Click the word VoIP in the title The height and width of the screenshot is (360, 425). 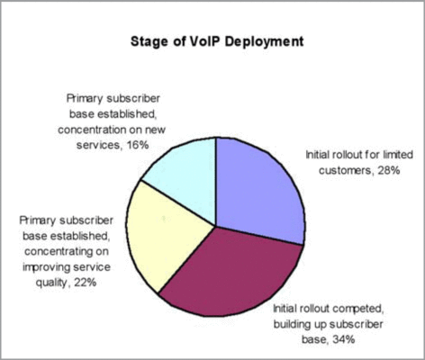205,41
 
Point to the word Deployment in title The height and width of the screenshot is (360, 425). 264,42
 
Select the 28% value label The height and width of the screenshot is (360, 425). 389,170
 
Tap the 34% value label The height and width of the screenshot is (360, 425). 344,339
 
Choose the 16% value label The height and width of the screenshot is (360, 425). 138,145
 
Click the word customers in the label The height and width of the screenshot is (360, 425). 345,171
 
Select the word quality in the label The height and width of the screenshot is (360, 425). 52,283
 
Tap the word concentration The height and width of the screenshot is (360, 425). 92,130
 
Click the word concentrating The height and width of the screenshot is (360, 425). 59,251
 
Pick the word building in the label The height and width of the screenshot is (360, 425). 292,324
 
